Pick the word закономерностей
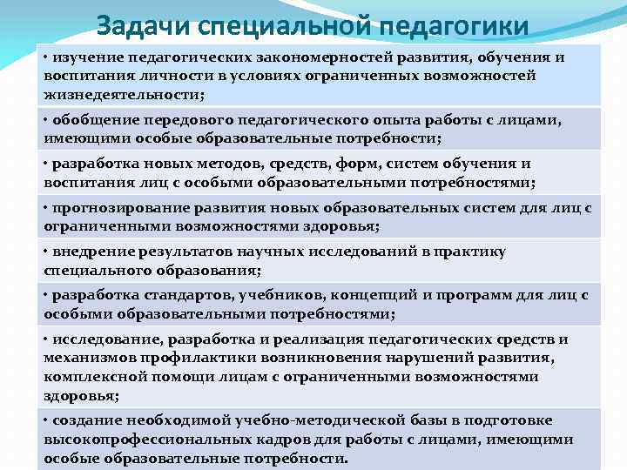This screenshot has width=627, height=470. pos(329,57)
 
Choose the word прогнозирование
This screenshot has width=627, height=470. pos(113,208)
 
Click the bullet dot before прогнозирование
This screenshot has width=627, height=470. pos(47,208)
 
